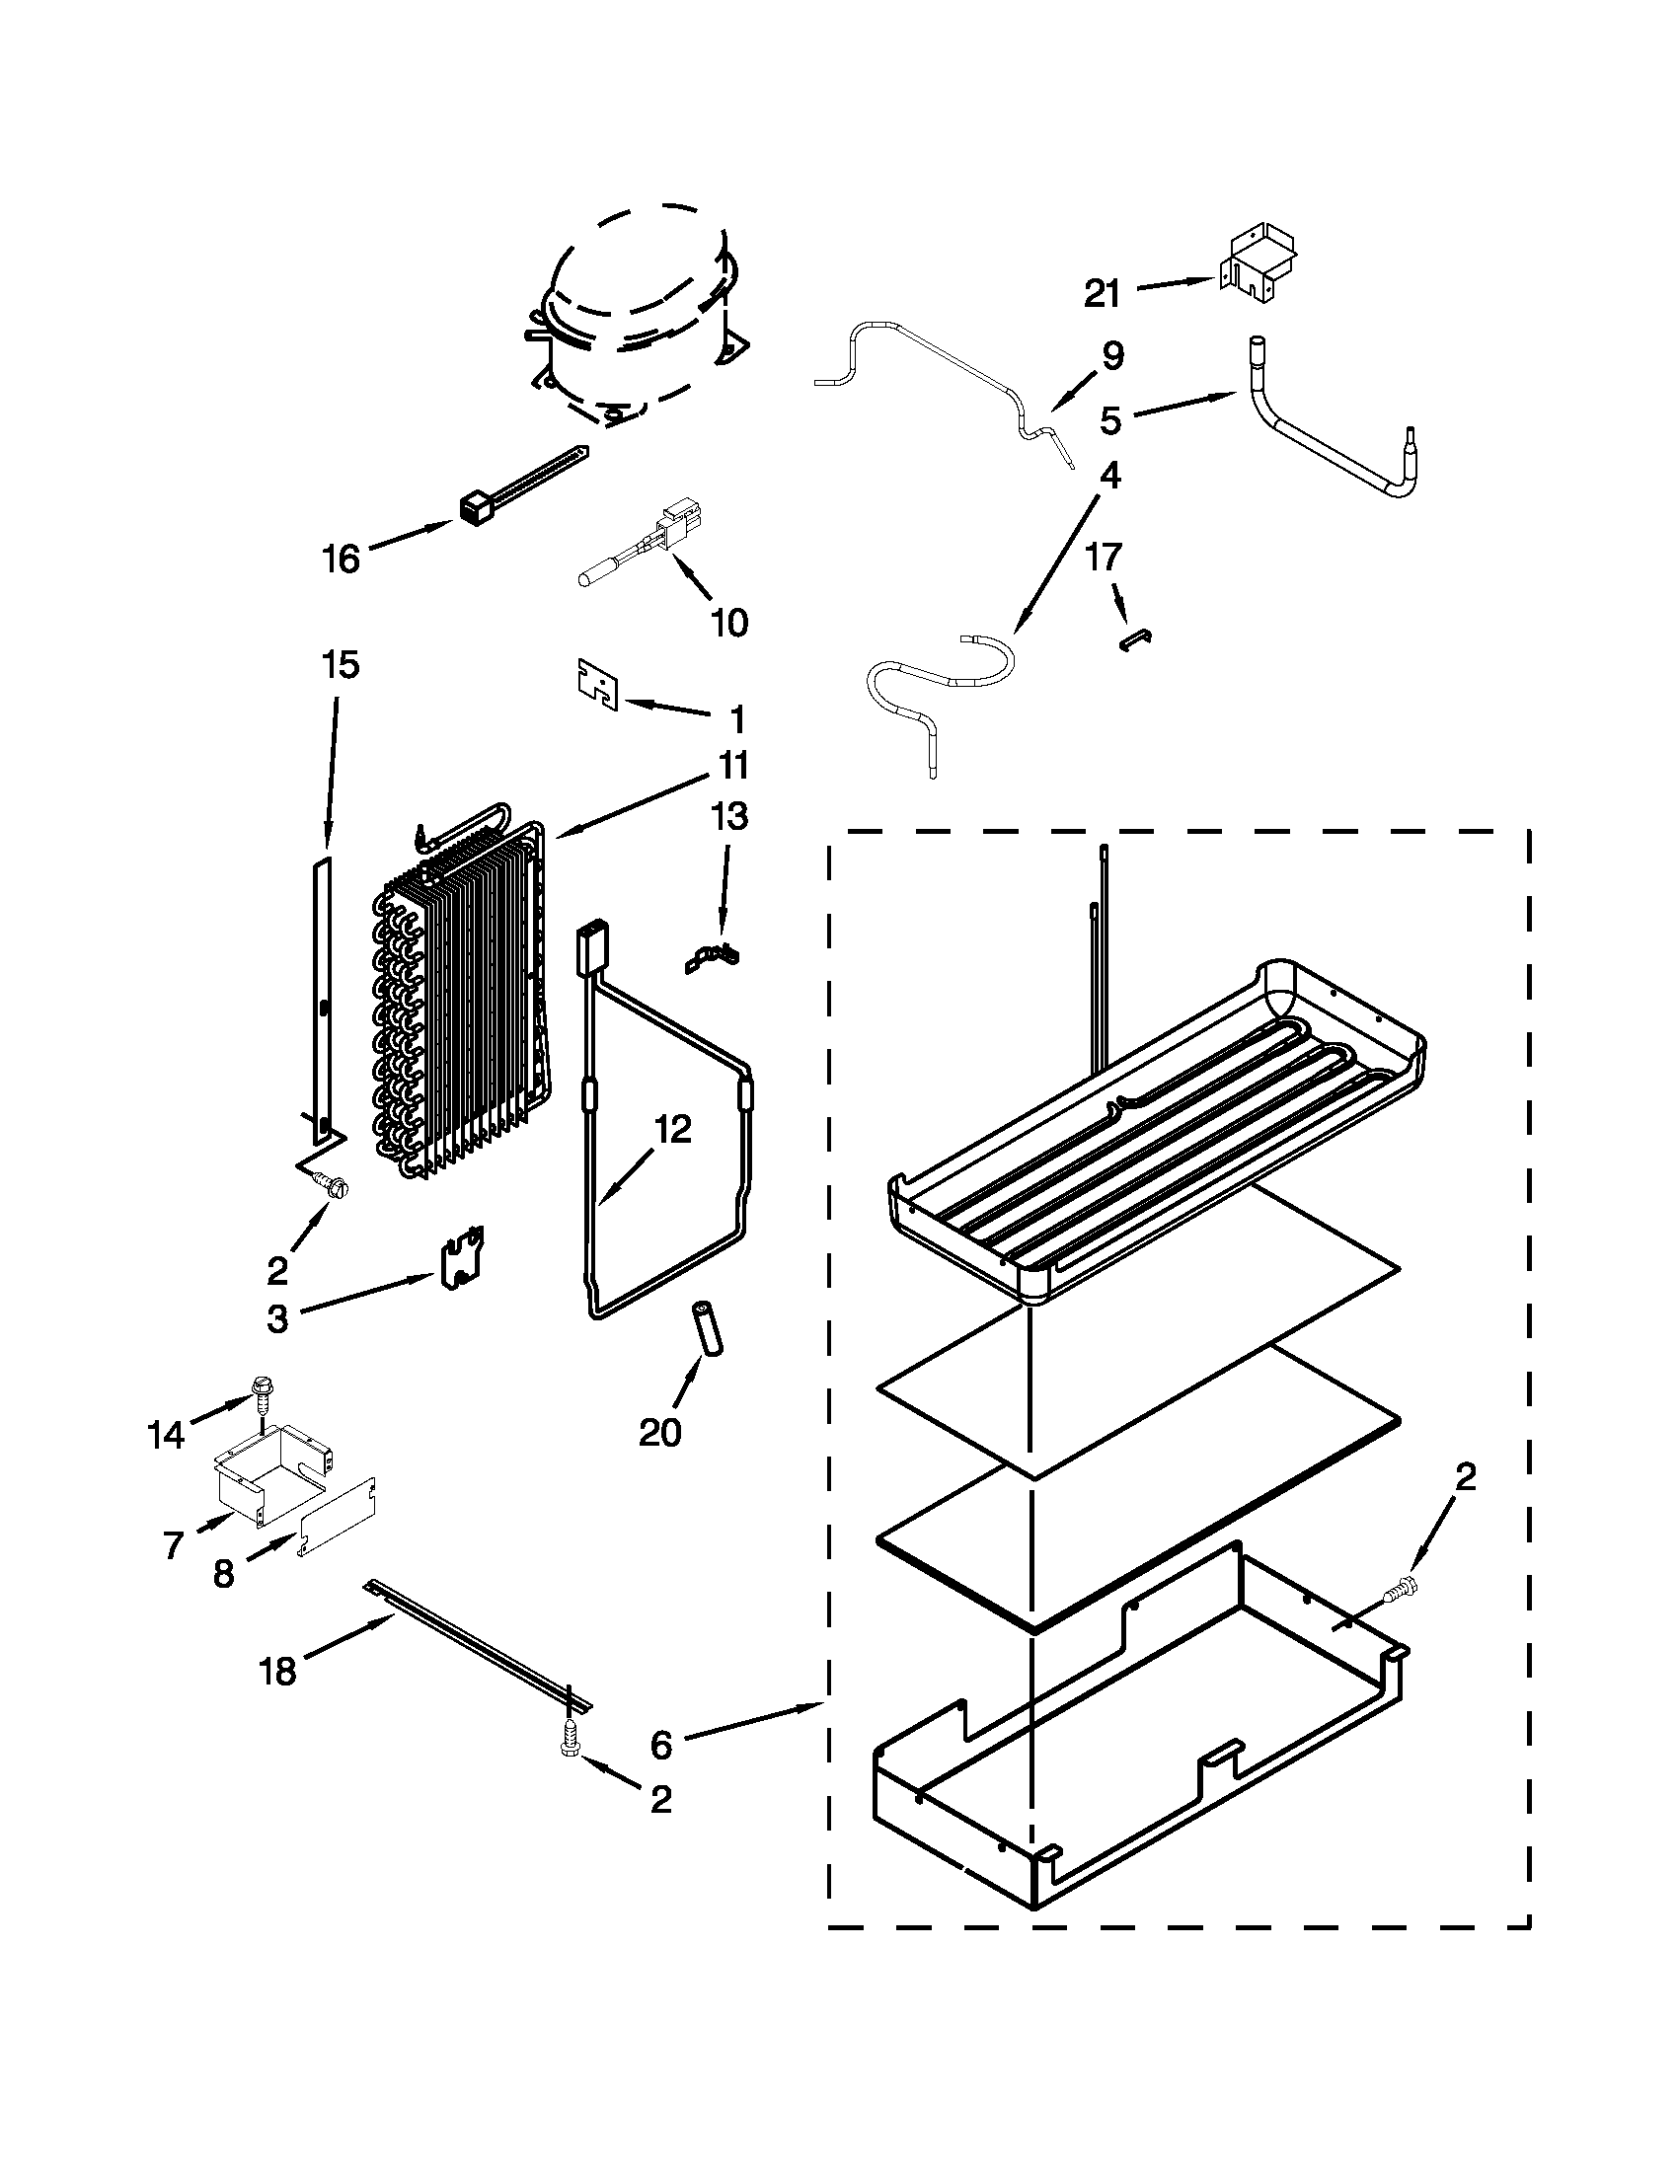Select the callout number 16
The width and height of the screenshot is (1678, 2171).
[x=341, y=560]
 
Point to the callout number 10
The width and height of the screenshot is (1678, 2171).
[x=729, y=624]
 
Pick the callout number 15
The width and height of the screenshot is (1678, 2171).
[x=340, y=664]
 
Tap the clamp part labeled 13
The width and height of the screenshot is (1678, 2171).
[x=713, y=958]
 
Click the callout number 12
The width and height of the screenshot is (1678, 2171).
[x=672, y=1129]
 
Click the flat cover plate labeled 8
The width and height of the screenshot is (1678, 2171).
[x=338, y=1516]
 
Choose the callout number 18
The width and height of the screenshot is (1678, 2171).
[x=277, y=1671]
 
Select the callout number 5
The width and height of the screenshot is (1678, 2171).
[x=1110, y=420]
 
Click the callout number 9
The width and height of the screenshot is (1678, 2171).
[x=1112, y=356]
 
